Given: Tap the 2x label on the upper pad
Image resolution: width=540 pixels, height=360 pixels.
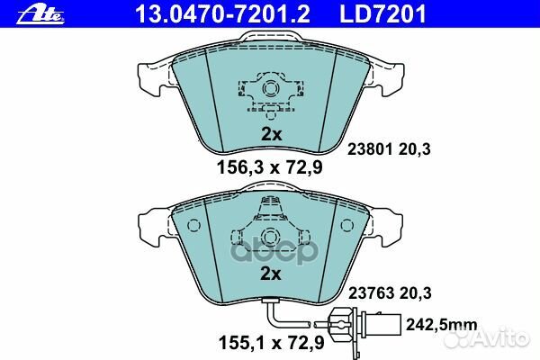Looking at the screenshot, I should pyautogui.click(x=271, y=134).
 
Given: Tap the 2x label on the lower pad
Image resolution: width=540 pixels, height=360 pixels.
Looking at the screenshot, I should pyautogui.click(x=271, y=273).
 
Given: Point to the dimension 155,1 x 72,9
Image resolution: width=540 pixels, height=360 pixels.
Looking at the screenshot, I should pyautogui.click(x=270, y=343).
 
